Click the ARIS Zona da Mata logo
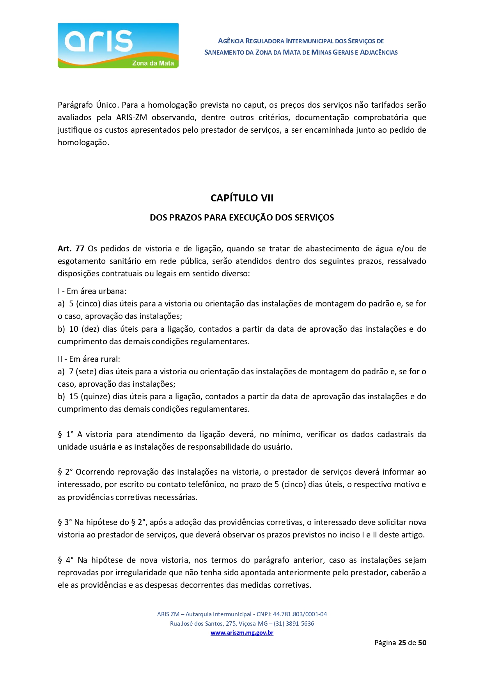pyautogui.click(x=118, y=46)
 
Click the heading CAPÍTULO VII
pyautogui.click(x=242, y=198)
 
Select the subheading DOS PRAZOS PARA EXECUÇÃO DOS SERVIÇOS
pyautogui.click(x=242, y=217)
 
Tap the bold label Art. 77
pyautogui.click(x=71, y=249)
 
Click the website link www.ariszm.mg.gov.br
pyautogui.click(x=242, y=633)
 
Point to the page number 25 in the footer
pyautogui.click(x=402, y=643)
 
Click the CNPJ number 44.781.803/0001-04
pyautogui.click(x=300, y=614)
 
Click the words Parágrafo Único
pyautogui.click(x=88, y=105)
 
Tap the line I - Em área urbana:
pyautogui.click(x=92, y=291)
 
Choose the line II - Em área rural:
pyautogui.click(x=89, y=359)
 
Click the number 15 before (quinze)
pyautogui.click(x=73, y=397)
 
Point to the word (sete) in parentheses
pyautogui.click(x=86, y=372)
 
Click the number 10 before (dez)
pyautogui.click(x=73, y=329)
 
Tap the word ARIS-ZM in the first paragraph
pyautogui.click(x=131, y=117)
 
